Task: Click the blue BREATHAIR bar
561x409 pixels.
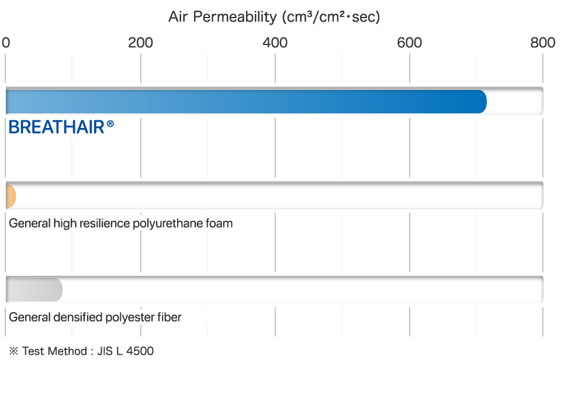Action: coord(246,102)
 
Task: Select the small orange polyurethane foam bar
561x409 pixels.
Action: coord(11,196)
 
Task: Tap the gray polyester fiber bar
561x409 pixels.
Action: coord(34,290)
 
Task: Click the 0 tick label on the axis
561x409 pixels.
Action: coord(6,43)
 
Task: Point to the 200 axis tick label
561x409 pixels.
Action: coord(140,43)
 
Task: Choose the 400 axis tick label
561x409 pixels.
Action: coord(275,43)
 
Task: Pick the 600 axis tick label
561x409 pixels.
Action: coord(409,43)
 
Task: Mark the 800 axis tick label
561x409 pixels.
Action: coord(543,43)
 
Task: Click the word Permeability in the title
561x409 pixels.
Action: coord(235,17)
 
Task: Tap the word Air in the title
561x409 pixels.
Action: coord(178,16)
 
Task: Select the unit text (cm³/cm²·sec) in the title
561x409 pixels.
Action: coord(331,17)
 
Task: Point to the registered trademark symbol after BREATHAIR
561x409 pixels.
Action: coord(110,124)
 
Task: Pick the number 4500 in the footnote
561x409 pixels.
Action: coord(140,351)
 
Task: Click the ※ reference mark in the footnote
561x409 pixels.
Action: coord(13,351)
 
